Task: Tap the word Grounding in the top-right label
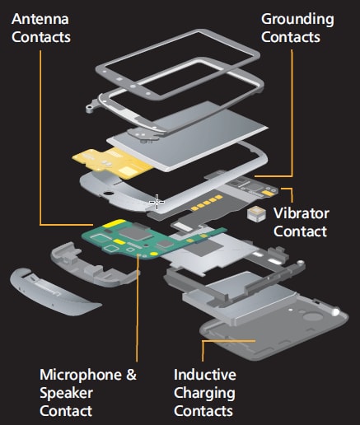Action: pyautogui.click(x=297, y=18)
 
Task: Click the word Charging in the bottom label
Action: pyautogui.click(x=204, y=393)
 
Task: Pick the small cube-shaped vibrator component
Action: pyautogui.click(x=255, y=213)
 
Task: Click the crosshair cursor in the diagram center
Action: pyautogui.click(x=156, y=201)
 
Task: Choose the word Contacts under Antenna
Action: pyautogui.click(x=42, y=37)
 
